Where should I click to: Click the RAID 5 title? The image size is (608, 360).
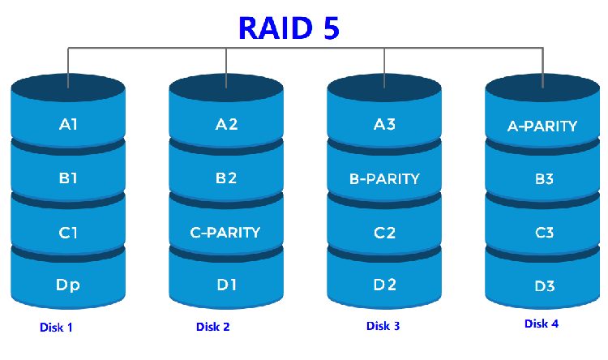pos(289,27)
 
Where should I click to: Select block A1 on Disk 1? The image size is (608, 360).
pos(68,125)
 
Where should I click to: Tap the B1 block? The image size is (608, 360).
pos(68,178)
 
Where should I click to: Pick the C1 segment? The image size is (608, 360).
pos(68,233)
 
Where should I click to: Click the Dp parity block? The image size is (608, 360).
pos(68,285)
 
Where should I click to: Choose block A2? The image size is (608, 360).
pos(226,125)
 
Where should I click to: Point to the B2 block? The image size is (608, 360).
pos(226,178)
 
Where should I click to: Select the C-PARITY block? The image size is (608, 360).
pos(225,233)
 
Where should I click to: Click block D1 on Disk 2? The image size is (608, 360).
pos(226,285)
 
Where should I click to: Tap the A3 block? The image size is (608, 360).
pos(384,125)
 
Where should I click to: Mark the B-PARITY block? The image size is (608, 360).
pos(384,178)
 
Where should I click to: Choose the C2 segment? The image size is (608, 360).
pos(384,233)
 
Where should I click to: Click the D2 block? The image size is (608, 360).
pos(384,285)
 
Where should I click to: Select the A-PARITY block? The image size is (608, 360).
pos(542,126)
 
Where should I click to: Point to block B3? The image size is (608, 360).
pos(542,178)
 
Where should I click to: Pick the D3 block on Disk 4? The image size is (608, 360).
pos(542,285)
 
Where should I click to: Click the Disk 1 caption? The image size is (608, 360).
pos(57,328)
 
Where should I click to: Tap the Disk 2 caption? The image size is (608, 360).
pos(213,328)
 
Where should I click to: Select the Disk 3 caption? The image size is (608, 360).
pos(383,327)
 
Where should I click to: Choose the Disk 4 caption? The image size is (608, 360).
pos(542,324)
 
